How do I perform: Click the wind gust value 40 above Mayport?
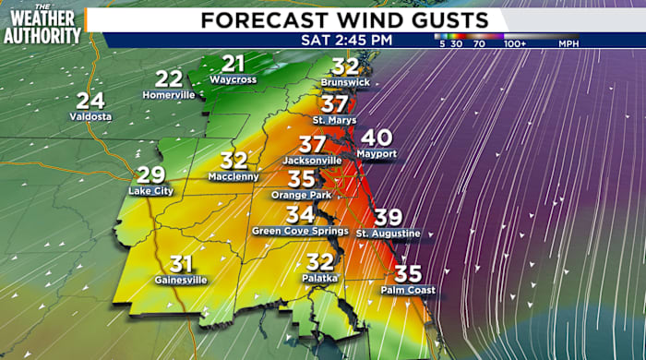(377, 138)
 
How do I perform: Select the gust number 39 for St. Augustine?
(388, 218)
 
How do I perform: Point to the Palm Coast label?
(407, 290)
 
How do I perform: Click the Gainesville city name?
(181, 280)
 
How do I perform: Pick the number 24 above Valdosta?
(90, 102)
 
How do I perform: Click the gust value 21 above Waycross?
(234, 64)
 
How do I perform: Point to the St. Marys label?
(334, 120)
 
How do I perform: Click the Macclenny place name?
(234, 176)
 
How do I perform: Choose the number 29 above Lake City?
(150, 175)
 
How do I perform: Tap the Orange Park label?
(301, 195)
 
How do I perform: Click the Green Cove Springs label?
(299, 231)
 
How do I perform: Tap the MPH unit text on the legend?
(566, 42)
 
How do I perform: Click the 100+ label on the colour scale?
(516, 42)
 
